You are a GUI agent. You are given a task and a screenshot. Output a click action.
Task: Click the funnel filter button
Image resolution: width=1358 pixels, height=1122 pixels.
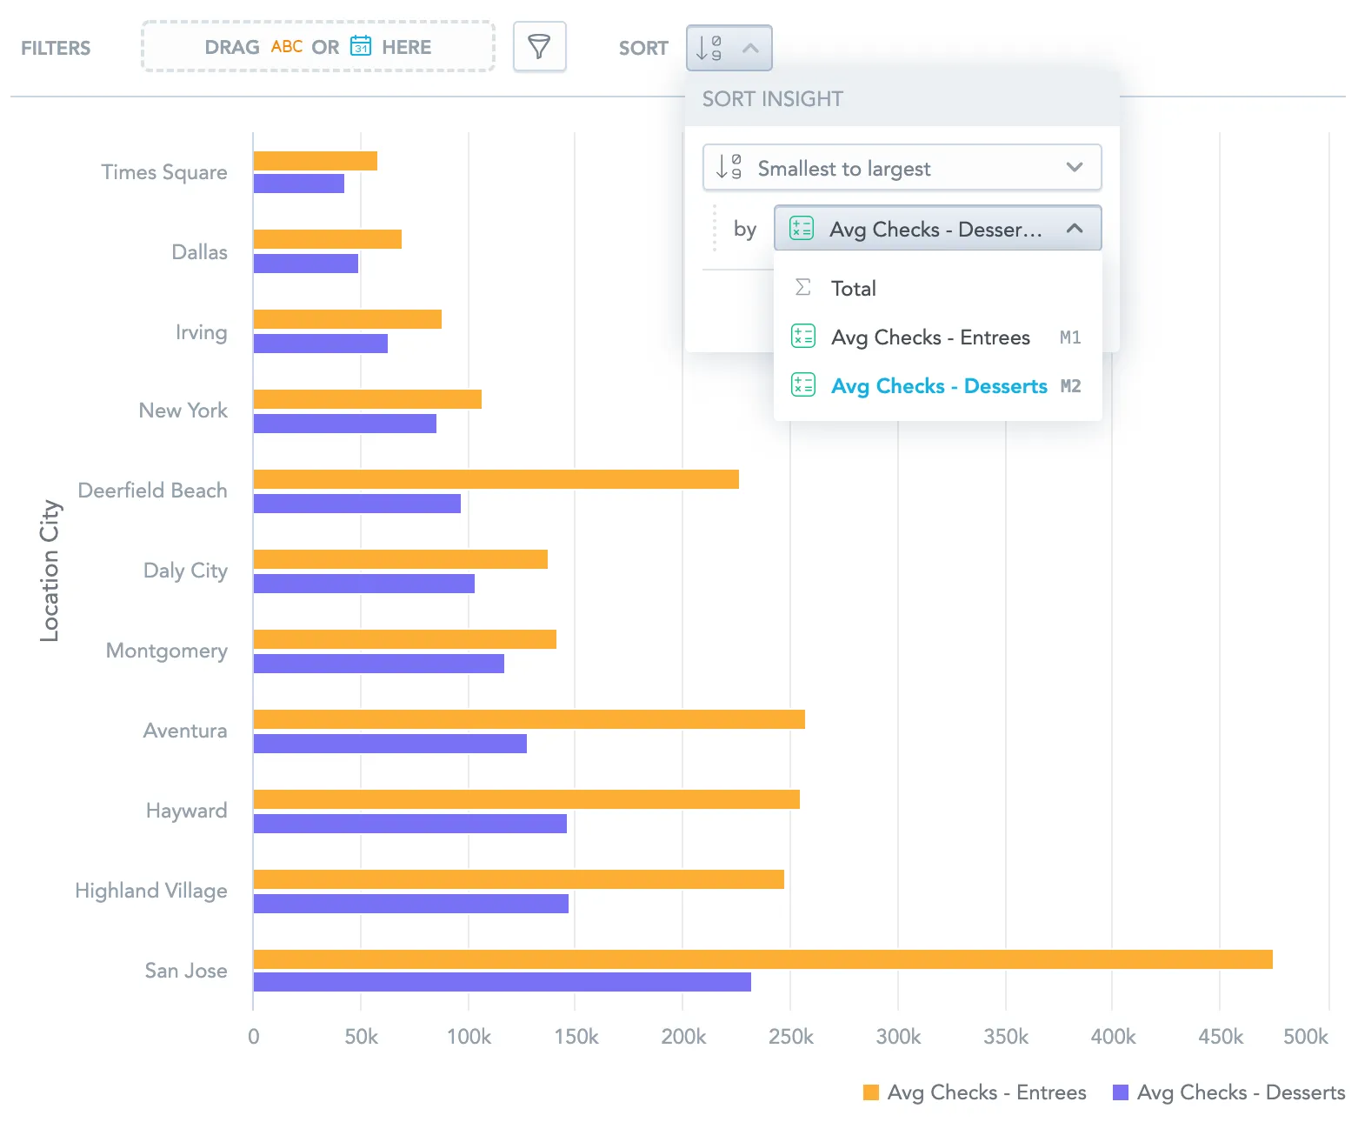tap(539, 47)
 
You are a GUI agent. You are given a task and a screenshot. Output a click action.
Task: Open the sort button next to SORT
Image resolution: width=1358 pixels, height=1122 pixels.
tap(729, 48)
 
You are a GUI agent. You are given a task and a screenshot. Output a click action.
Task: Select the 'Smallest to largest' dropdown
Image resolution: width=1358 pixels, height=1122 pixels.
tap(901, 168)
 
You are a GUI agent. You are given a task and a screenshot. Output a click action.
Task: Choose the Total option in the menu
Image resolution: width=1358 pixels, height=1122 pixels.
tap(852, 289)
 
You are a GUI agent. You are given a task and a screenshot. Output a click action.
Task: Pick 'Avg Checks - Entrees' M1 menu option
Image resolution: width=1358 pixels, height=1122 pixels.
tap(930, 337)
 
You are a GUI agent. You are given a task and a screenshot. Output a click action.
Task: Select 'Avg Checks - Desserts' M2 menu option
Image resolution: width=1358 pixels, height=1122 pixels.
tap(938, 386)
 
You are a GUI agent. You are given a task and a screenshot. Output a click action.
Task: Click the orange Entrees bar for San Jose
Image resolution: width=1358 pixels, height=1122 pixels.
tap(762, 959)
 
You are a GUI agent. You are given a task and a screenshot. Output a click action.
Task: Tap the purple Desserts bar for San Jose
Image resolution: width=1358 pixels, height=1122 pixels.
tap(502, 982)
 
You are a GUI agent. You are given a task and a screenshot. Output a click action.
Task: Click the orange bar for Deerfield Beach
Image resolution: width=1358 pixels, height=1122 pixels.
tap(496, 479)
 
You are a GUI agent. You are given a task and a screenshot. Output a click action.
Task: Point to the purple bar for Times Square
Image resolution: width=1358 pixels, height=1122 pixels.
tap(299, 184)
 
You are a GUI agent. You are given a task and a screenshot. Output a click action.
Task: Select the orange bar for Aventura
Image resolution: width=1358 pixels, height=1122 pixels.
tap(529, 719)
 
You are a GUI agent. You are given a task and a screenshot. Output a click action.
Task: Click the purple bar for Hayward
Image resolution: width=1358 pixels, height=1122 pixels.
tap(409, 824)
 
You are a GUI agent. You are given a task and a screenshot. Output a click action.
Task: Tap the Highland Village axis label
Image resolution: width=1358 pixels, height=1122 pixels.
tap(151, 891)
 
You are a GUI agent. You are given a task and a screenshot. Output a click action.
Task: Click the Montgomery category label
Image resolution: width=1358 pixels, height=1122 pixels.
tap(166, 651)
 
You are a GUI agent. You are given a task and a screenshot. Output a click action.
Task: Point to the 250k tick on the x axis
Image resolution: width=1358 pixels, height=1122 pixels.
tap(790, 1037)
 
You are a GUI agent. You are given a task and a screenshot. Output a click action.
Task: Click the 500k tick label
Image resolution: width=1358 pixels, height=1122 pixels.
tap(1305, 1037)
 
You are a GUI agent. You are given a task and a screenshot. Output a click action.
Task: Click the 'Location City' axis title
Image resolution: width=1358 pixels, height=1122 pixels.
tap(50, 571)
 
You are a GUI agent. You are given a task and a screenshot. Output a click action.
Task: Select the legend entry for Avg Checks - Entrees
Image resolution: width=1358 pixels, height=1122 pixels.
tap(975, 1092)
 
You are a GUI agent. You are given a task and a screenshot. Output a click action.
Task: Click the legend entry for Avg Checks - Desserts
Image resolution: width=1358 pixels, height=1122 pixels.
tap(1228, 1092)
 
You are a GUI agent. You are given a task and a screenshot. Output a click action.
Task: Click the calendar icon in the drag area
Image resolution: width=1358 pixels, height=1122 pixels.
tap(360, 46)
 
